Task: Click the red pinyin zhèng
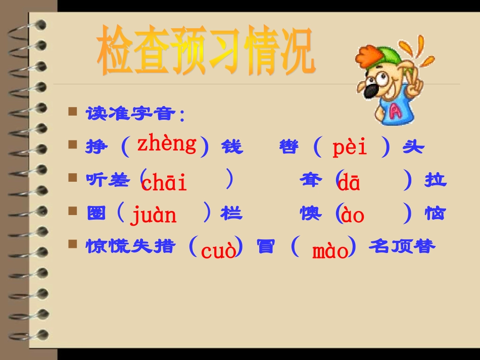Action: pos(167,144)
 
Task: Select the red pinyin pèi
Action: pos(350,147)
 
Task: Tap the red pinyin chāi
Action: pos(164,183)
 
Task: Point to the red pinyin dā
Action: pos(349,184)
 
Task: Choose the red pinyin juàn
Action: pos(154,216)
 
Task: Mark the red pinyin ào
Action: pos(353,216)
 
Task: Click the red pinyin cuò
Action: pos(218,250)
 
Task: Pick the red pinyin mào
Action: pos(330,250)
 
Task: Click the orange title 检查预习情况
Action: pos(206,52)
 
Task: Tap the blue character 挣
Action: pos(97,147)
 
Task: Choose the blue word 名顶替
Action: pos(402,246)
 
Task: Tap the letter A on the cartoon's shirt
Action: pos(395,112)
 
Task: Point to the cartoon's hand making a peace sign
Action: pos(414,83)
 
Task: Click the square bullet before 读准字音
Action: pos(73,111)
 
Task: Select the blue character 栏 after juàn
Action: pos(231,214)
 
